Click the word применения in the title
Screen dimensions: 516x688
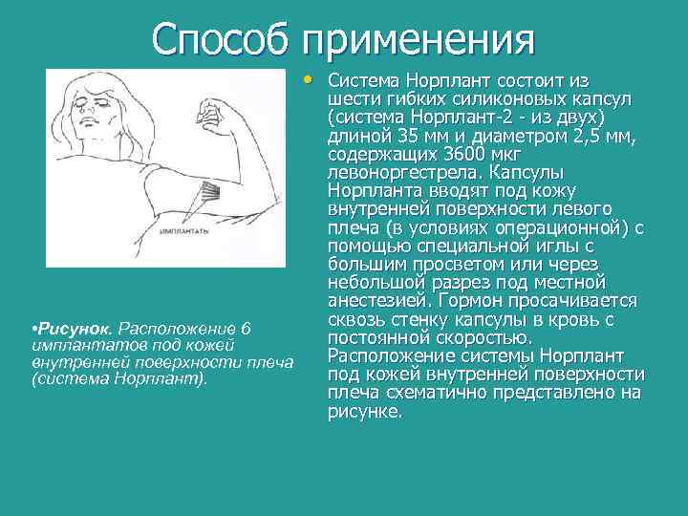pyautogui.click(x=418, y=40)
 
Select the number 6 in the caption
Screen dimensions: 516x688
pyautogui.click(x=246, y=329)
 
